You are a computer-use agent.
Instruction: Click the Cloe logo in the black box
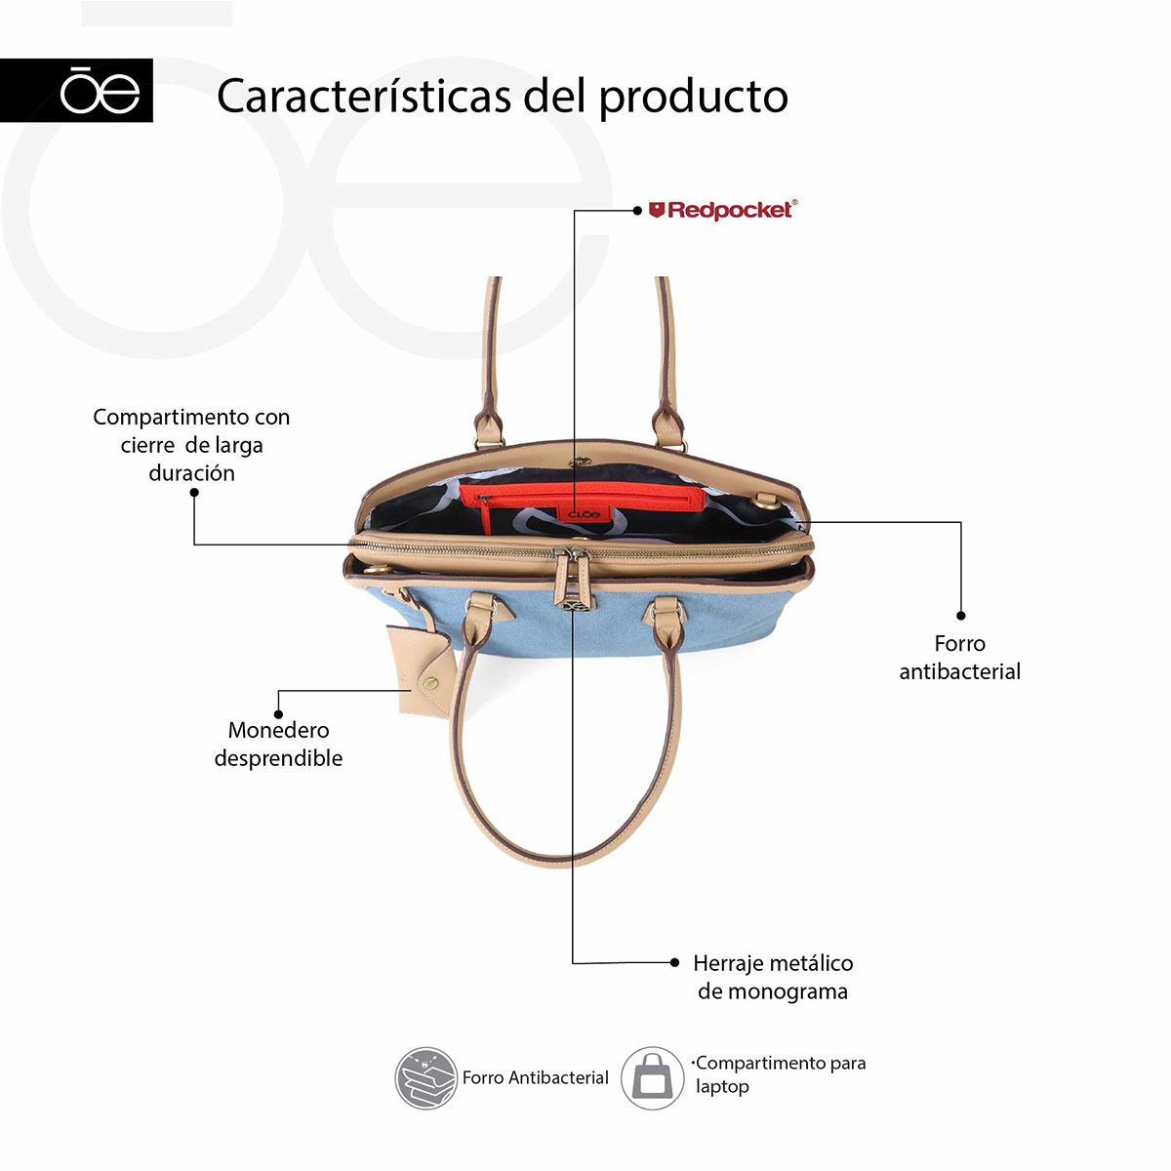100,91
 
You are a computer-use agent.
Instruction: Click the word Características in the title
363,96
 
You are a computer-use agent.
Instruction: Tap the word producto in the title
694,98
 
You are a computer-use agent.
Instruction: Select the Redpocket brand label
722,210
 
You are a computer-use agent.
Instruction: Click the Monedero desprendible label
278,744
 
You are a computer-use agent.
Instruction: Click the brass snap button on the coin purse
431,683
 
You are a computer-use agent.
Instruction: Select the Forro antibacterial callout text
959,658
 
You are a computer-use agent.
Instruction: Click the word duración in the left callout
192,472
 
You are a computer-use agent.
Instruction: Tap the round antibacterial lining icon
425,1078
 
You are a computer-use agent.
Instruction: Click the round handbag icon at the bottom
653,1078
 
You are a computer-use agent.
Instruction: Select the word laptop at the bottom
722,1088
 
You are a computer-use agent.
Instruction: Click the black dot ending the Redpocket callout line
637,211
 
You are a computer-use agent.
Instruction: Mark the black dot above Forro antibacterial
961,616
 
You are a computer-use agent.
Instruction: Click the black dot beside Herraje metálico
674,962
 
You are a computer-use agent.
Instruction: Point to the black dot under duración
194,492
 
